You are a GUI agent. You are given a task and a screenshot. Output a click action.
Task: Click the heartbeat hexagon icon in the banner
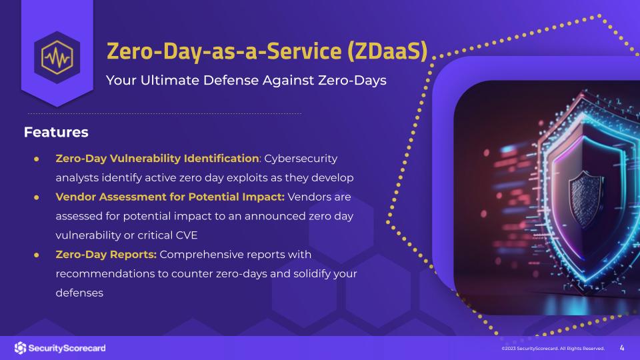point(57,57)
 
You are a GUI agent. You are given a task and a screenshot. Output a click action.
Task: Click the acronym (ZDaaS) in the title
point(387,51)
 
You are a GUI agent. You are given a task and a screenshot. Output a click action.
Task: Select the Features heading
point(56,132)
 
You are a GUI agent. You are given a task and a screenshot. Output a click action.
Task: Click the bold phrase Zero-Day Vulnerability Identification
point(157,159)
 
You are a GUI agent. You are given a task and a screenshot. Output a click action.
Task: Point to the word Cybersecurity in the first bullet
point(301,159)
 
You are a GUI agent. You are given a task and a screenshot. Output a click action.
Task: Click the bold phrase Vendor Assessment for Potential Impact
point(170,197)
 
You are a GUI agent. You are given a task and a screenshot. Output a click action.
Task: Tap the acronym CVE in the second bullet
point(187,235)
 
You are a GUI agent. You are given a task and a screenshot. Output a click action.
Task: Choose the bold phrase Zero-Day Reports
point(106,255)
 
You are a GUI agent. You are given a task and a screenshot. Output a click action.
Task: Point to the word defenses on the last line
point(79,293)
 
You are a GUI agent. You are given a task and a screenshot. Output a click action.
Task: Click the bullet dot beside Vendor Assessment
point(37,197)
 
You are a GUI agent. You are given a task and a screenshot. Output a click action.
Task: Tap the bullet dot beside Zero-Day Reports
point(37,255)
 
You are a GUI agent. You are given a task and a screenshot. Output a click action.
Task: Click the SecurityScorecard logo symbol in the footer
point(20,348)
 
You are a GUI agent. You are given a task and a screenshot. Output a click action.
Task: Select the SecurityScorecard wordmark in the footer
point(67,348)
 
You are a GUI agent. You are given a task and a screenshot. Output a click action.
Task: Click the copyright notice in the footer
point(553,349)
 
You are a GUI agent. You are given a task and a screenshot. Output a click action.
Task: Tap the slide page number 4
point(622,348)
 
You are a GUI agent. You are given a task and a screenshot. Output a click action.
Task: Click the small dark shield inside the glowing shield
point(586,199)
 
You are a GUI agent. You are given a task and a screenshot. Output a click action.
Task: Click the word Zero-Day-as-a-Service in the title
point(224,51)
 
